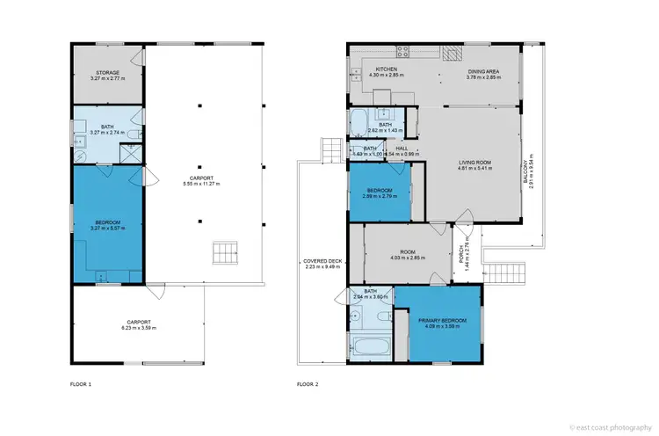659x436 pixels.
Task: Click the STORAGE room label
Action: click(107, 73)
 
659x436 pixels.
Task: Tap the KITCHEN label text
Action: click(387, 69)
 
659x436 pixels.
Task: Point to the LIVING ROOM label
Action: click(475, 162)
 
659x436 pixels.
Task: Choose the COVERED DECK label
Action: click(322, 262)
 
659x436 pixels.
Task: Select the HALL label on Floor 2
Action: click(401, 149)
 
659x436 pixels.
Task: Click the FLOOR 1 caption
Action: click(80, 384)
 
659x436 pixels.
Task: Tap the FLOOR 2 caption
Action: click(308, 384)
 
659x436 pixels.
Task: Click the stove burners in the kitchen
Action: click(404, 51)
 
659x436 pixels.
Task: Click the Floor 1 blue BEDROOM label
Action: click(107, 222)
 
